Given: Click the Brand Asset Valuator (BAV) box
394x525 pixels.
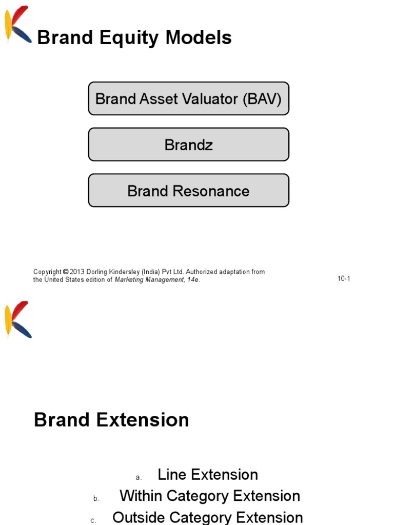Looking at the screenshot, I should (x=188, y=98).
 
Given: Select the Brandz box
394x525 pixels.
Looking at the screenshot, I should (x=188, y=145).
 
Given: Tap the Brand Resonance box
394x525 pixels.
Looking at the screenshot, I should (x=188, y=191).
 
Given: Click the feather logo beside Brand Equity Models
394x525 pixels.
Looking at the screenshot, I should (x=18, y=25).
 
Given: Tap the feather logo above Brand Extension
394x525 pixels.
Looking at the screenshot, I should (x=18, y=319).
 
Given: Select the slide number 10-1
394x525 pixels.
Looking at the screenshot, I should (x=344, y=279).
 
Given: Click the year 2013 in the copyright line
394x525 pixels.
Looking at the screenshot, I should (x=77, y=272).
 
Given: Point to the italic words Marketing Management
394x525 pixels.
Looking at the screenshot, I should (x=149, y=280).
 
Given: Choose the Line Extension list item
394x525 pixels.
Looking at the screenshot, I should (x=208, y=475).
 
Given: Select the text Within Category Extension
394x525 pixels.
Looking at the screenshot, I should (x=210, y=496).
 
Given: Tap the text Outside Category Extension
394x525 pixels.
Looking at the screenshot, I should (x=208, y=517).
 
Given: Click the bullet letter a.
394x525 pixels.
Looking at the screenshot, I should (x=139, y=478).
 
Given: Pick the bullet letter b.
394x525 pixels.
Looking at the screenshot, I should (x=96, y=499).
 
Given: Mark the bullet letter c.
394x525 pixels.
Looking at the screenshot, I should (x=93, y=520).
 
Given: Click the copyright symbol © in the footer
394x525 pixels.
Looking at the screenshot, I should (x=66, y=272).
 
